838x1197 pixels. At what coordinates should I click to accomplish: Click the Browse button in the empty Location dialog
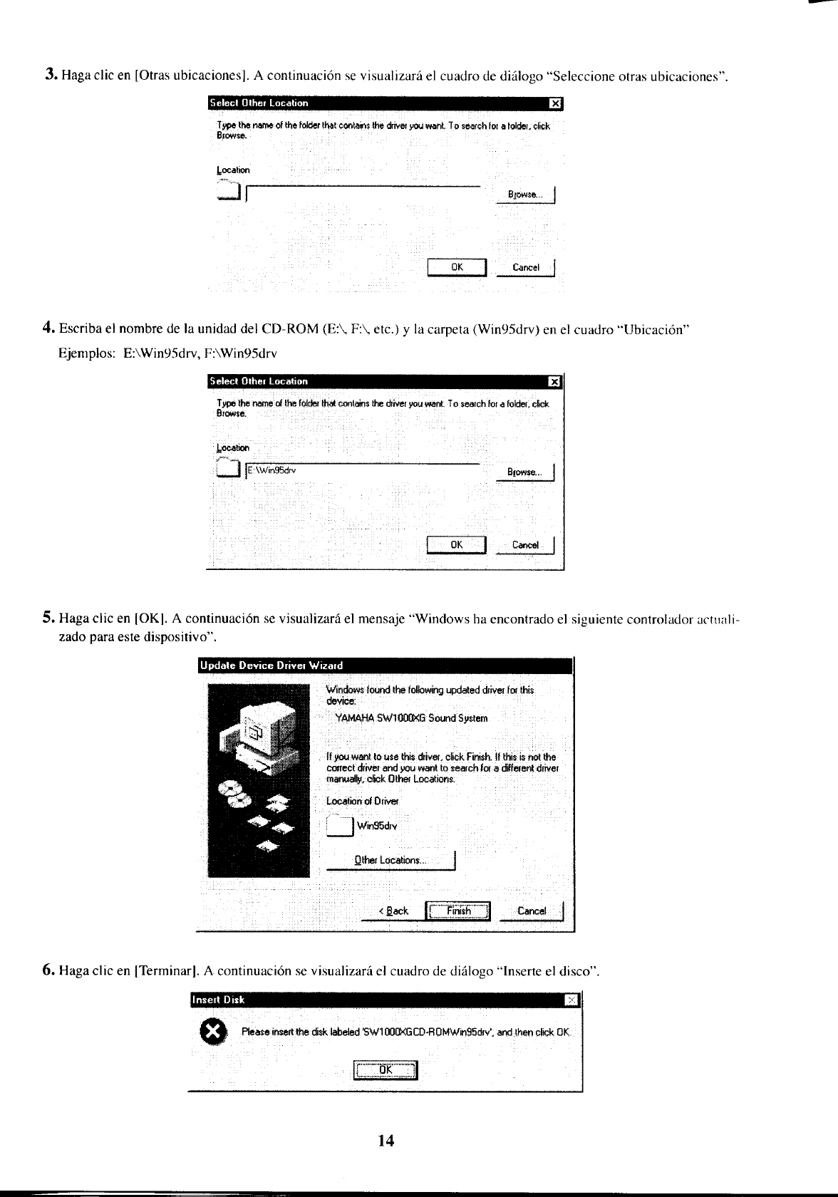point(525,195)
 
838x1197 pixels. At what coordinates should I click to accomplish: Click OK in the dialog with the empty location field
point(457,267)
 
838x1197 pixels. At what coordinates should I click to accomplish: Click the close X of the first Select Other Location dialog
point(556,104)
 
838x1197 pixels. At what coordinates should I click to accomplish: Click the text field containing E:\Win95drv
point(363,470)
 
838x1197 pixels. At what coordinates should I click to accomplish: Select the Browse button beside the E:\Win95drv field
point(525,472)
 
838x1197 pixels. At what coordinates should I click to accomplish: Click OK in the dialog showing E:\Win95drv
point(457,545)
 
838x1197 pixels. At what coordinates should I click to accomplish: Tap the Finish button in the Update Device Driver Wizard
point(458,911)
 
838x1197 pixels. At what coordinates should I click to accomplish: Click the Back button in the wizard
point(393,911)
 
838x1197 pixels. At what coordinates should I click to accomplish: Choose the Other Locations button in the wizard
point(390,860)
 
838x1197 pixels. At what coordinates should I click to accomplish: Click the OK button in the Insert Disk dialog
point(386,1069)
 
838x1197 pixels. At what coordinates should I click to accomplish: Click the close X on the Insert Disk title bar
point(572,1000)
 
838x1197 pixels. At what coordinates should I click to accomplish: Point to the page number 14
point(386,1141)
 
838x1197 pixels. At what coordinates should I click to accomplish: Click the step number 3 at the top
point(51,74)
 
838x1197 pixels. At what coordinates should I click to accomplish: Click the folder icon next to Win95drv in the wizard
point(340,824)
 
